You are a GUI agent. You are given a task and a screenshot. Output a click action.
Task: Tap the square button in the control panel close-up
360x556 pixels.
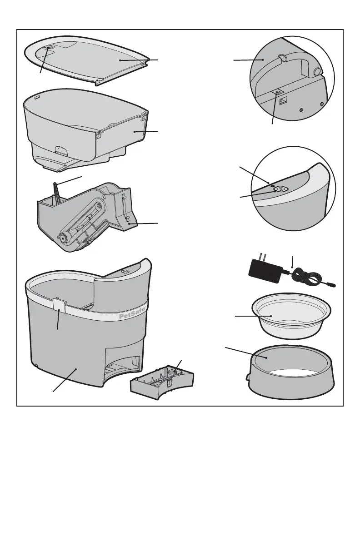(x=280, y=189)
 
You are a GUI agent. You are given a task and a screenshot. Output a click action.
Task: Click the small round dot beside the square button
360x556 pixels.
(x=272, y=185)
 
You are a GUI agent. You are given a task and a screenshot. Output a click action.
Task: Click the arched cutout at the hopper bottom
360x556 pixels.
(x=60, y=149)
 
